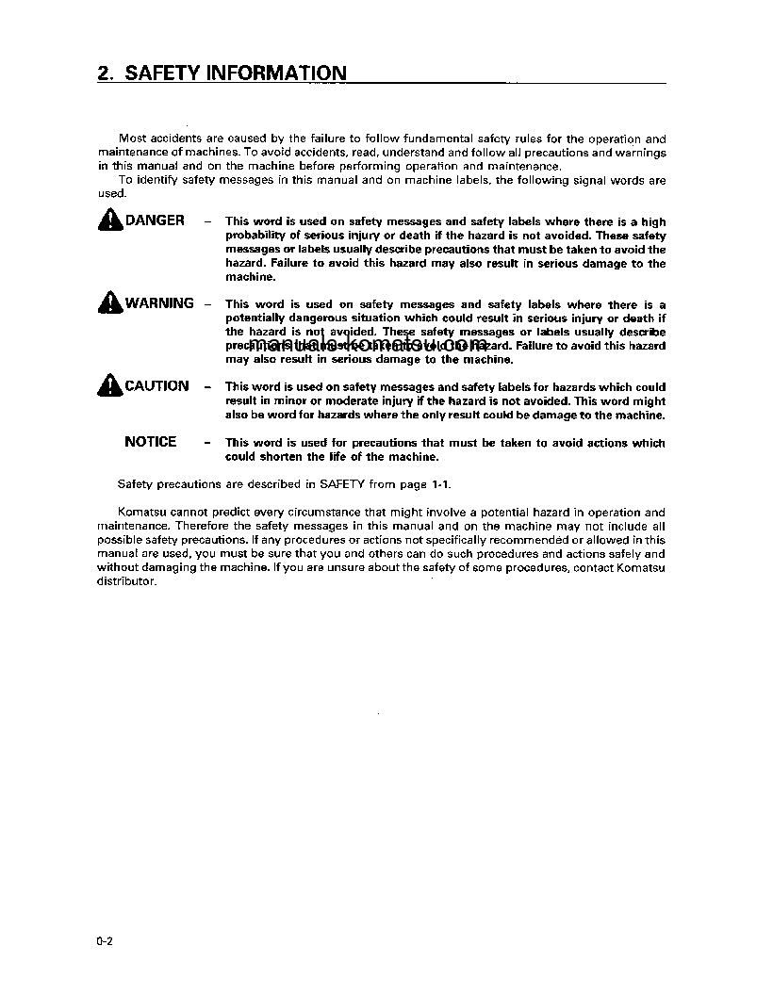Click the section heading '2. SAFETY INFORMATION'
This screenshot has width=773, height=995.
(222, 73)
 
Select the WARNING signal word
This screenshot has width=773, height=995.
(159, 303)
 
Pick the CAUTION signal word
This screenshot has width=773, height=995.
(156, 386)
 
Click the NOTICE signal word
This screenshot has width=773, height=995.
(151, 442)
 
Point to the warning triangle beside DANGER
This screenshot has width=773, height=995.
(110, 220)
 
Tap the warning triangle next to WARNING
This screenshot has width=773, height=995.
(110, 303)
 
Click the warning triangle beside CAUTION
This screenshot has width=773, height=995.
(110, 386)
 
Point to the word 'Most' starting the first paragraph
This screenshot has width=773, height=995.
(133, 139)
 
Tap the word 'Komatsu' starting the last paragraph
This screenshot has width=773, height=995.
(142, 513)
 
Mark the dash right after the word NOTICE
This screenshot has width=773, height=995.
(206, 442)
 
